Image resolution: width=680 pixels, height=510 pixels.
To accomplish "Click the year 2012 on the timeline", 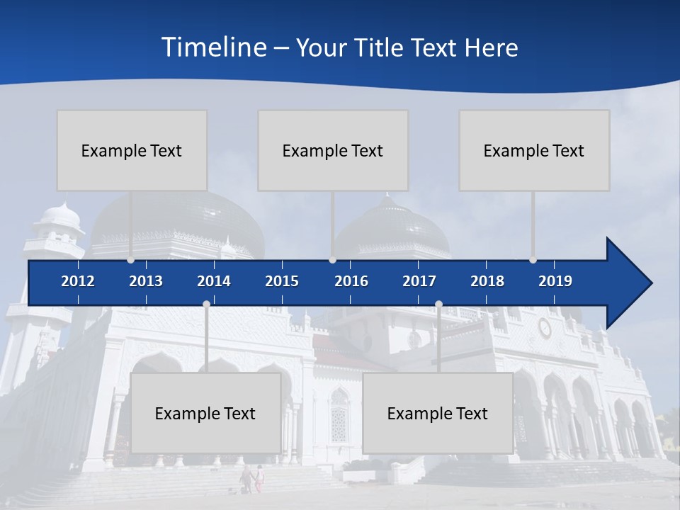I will pos(78,281).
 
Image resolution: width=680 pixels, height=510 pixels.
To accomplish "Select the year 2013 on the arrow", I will pos(146,281).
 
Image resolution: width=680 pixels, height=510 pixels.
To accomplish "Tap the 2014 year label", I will pos(214,281).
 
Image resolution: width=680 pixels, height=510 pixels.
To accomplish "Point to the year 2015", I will pos(282,281).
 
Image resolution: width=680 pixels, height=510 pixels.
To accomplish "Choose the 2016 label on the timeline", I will pos(351,281).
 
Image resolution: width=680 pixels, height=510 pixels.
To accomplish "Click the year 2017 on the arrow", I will pos(419,281).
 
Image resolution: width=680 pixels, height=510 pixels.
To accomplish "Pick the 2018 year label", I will pos(487,281).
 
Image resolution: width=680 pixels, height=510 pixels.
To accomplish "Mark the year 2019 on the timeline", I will pos(555,281).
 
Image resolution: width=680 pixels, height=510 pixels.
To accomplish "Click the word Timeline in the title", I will pos(212,47).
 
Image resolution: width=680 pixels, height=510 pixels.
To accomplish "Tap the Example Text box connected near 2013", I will pos(132,150).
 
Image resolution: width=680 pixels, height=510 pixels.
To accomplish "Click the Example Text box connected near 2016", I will pos(333,150).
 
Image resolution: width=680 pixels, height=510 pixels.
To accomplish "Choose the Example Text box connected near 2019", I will pos(534,150).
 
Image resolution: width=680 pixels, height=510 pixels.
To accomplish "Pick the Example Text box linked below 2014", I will pos(205,413).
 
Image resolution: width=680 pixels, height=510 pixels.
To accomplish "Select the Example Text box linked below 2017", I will pos(438,413).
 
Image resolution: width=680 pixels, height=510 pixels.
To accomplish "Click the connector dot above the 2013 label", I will pos(130,260).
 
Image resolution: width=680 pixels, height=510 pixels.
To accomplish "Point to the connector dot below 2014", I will pos(206,304).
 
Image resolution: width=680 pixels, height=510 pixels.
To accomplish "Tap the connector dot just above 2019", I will pos(533,260).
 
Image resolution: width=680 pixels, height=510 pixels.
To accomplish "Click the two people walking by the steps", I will pos(252,478).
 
